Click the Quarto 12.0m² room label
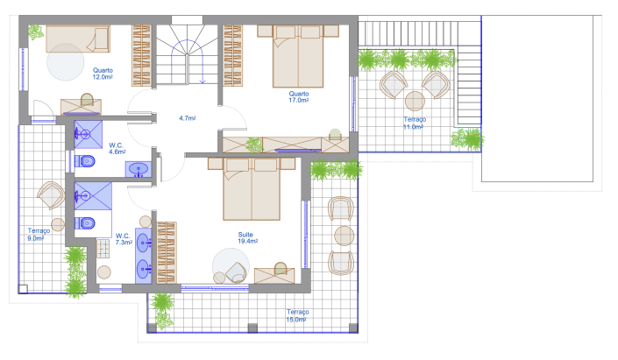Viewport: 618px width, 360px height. (103, 74)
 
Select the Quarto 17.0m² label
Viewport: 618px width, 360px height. (299, 96)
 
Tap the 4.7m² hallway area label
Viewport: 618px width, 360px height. (187, 117)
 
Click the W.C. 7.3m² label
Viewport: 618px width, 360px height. (124, 239)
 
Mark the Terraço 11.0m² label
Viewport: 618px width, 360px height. (414, 123)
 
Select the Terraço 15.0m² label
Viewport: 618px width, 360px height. (297, 315)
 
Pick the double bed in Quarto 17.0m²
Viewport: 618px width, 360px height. (299, 56)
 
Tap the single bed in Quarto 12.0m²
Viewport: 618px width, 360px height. (76, 38)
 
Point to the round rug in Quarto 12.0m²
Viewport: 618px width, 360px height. (67, 63)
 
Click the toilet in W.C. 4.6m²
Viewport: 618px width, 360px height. (86, 161)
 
